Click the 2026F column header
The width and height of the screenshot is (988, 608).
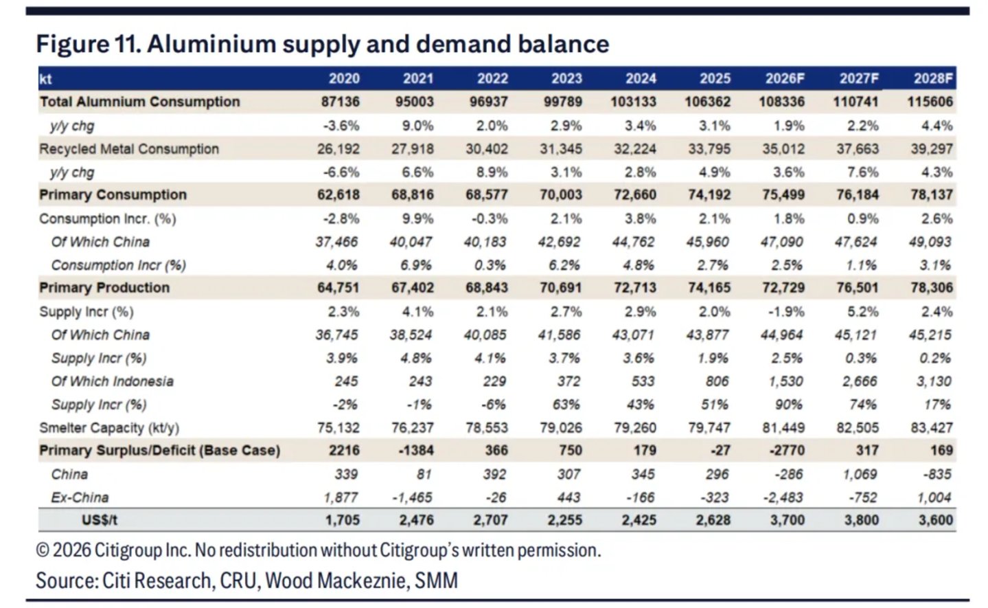[785, 78]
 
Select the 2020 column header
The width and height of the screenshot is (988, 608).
[344, 78]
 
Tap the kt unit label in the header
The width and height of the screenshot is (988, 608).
[45, 79]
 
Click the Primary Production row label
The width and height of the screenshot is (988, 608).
[104, 288]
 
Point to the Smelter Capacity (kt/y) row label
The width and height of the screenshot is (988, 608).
[109, 428]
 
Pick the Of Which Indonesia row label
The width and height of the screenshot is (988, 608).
[113, 381]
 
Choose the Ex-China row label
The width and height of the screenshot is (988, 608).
[80, 497]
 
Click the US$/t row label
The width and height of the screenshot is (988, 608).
[100, 520]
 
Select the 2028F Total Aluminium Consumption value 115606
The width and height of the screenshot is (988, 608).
[930, 102]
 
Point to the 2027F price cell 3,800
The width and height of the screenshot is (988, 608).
[862, 520]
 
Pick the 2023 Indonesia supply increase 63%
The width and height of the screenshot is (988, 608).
[566, 405]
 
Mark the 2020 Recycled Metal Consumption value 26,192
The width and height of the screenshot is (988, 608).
[338, 149]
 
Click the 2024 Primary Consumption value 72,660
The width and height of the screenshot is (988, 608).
[635, 194]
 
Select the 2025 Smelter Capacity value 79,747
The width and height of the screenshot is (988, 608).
[709, 428]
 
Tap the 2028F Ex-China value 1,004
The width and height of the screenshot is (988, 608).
[933, 497]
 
